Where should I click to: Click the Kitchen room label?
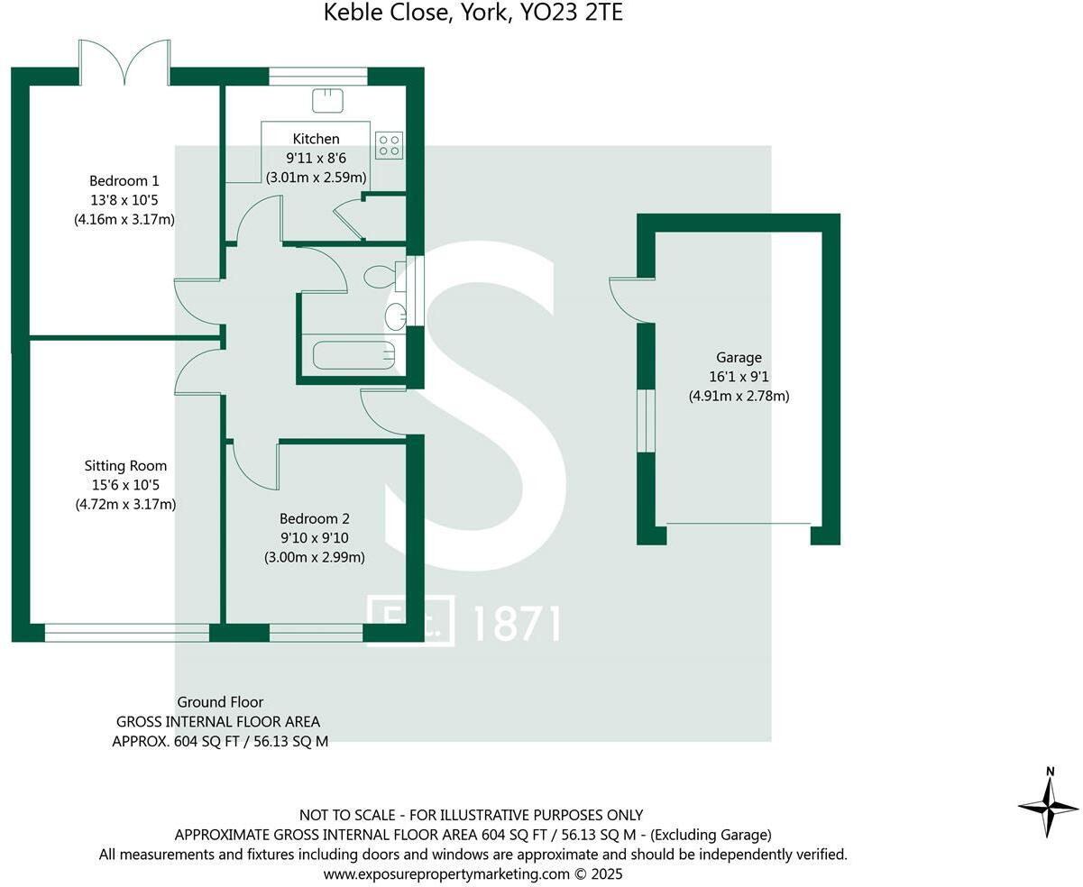(316, 139)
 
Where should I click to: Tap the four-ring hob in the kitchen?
(389, 145)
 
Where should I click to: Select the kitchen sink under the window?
(326, 100)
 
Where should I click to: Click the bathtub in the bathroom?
(353, 354)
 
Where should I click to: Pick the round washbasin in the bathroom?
(395, 316)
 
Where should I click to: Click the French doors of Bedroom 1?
(124, 63)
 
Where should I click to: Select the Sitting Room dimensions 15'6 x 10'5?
(124, 486)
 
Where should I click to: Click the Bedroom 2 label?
(314, 518)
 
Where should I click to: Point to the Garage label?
(739, 357)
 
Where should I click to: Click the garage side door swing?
(627, 299)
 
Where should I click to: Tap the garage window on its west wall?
(646, 420)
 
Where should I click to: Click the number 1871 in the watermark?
(517, 623)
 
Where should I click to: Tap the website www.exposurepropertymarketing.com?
(446, 873)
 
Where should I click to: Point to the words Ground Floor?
(220, 702)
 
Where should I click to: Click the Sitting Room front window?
(126, 633)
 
